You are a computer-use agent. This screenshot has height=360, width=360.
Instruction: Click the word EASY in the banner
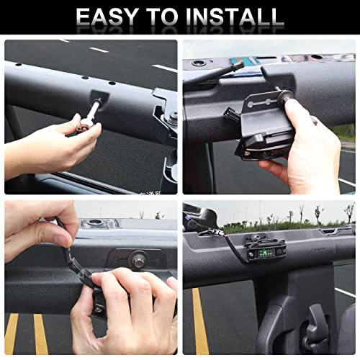click(107, 17)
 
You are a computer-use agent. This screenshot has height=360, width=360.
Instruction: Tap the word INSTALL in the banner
click(235, 17)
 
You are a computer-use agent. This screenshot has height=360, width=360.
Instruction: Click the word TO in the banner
click(162, 17)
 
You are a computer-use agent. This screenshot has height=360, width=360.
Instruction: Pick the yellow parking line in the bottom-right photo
click(200, 321)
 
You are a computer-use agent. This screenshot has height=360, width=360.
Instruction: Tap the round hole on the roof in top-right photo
click(199, 63)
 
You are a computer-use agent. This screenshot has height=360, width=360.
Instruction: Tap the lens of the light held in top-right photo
click(261, 153)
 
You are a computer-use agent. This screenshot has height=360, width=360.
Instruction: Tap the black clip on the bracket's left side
click(230, 114)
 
